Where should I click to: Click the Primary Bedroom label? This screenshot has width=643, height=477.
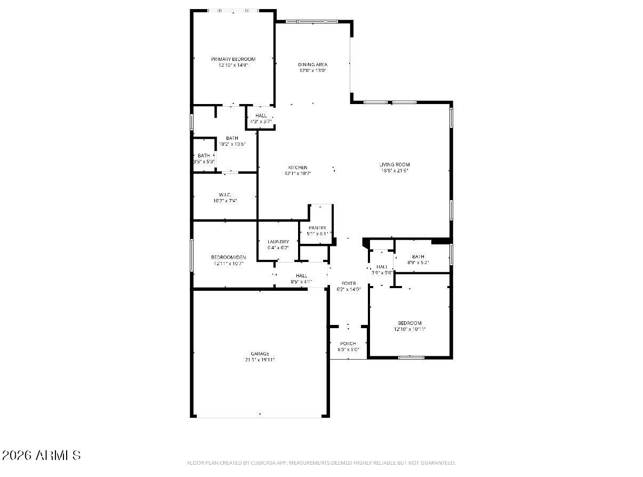click(x=233, y=59)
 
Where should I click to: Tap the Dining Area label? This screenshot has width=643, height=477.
click(x=312, y=65)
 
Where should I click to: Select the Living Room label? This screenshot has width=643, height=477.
click(x=395, y=164)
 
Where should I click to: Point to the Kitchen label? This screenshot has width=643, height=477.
click(x=298, y=168)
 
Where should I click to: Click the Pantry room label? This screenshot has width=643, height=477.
click(x=317, y=228)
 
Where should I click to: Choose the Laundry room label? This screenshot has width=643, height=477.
click(x=278, y=242)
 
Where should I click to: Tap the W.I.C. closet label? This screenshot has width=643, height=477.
click(x=224, y=194)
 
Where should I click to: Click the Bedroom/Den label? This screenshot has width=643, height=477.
click(x=228, y=257)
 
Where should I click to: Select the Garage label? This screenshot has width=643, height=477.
click(x=260, y=354)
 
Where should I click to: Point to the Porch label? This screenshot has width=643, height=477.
click(x=348, y=344)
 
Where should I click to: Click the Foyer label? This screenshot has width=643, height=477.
click(x=349, y=283)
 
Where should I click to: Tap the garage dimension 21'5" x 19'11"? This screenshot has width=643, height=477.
click(x=260, y=360)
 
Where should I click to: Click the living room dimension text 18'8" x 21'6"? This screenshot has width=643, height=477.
click(x=395, y=171)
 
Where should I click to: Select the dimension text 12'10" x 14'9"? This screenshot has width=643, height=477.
click(x=233, y=65)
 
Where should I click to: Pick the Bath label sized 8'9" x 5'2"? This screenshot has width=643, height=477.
click(x=418, y=257)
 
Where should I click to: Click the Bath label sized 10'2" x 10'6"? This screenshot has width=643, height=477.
click(x=232, y=138)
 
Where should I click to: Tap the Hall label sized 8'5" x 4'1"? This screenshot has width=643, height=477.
click(x=301, y=275)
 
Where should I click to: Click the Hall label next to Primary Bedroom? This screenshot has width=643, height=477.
click(x=261, y=116)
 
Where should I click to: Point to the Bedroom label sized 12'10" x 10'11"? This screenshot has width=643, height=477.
click(x=409, y=323)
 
